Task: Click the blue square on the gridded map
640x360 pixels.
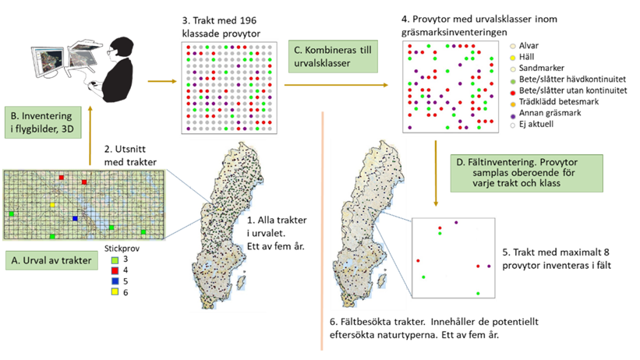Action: (x=74, y=219)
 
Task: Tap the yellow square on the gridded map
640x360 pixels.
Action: (x=52, y=205)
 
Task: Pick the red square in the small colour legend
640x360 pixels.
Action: (x=115, y=270)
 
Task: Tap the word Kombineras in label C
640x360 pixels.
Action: (x=334, y=51)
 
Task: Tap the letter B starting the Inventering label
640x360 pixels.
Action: (x=12, y=116)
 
